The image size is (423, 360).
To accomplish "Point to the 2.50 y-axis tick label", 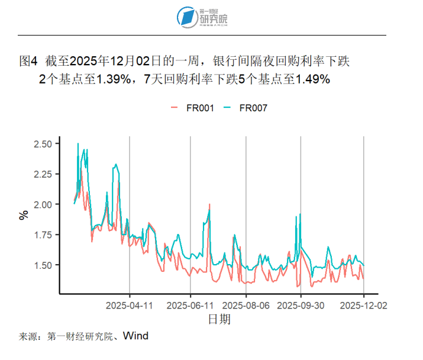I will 47,144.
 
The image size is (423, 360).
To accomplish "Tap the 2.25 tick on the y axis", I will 47,174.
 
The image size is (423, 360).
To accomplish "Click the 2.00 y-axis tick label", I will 47,204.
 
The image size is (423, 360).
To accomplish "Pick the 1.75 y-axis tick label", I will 47,234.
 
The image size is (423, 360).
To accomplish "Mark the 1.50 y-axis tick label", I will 47,265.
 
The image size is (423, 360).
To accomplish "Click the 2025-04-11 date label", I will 130,306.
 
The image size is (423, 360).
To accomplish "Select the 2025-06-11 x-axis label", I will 190,306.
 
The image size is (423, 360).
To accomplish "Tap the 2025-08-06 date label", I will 246,306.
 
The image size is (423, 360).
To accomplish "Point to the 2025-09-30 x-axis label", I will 301,306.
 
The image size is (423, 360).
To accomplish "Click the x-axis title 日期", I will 219,320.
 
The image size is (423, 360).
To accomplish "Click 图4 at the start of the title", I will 28,61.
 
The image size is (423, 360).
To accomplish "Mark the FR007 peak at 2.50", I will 78,144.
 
